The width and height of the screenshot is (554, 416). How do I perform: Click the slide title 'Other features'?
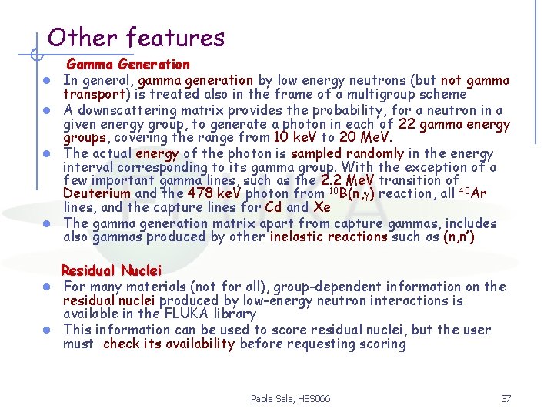click(135, 37)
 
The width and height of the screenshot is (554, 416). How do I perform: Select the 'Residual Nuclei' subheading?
click(111, 270)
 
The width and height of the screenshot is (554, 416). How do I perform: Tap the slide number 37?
click(506, 398)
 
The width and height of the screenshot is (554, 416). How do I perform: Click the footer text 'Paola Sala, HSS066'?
click(290, 398)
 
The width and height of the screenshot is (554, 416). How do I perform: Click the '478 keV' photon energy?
click(209, 193)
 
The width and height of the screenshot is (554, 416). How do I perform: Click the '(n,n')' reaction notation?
click(459, 237)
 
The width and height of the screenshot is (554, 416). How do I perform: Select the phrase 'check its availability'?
click(168, 344)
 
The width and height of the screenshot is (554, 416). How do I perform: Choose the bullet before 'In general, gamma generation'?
click(47, 81)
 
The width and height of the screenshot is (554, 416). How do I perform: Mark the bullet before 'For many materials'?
click(47, 287)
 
